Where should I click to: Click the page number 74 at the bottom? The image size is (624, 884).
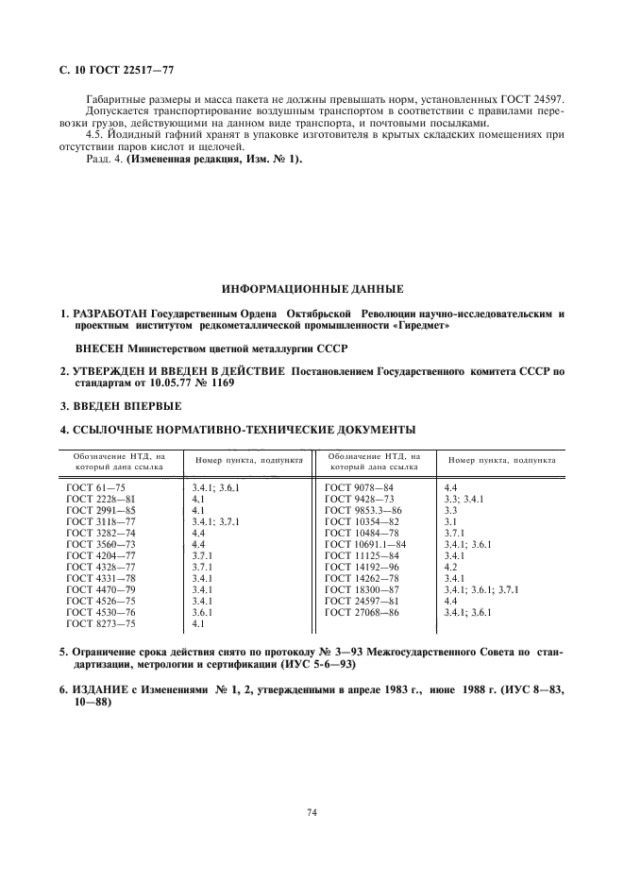point(311,811)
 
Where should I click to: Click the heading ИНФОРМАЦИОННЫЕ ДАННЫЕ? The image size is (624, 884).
point(311,287)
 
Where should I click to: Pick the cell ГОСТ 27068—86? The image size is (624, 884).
point(363,613)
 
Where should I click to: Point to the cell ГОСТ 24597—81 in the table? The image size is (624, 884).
point(363,602)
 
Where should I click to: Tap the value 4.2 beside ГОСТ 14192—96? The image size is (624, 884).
point(450,567)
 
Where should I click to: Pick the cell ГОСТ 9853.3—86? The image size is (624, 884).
point(363,510)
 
